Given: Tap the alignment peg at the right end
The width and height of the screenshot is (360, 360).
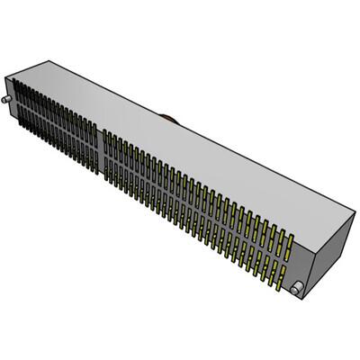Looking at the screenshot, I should click(x=296, y=287).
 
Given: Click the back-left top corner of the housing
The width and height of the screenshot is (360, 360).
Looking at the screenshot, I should click(x=43, y=64).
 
